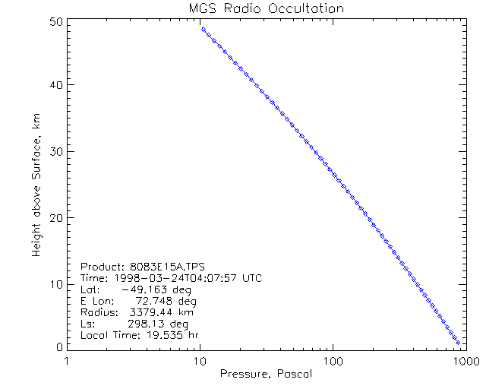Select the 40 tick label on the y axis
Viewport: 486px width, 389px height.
click(x=56, y=85)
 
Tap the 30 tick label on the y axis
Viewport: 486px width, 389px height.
click(x=56, y=151)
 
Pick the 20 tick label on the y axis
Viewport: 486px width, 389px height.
click(x=56, y=218)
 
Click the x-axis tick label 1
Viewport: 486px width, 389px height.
click(x=68, y=361)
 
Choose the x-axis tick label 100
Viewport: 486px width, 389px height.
click(x=333, y=361)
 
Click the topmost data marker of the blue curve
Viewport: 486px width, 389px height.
click(x=204, y=29)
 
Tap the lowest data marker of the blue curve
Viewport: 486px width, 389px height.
click(x=457, y=343)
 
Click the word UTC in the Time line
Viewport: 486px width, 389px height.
click(x=251, y=279)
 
